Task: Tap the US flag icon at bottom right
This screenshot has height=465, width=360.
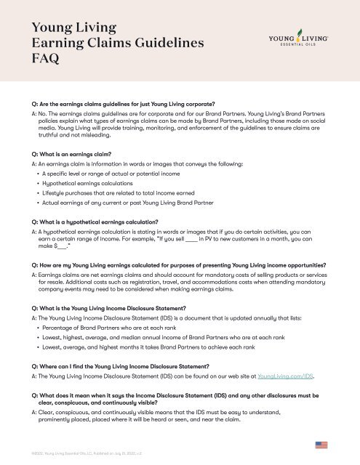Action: pos(321,445)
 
